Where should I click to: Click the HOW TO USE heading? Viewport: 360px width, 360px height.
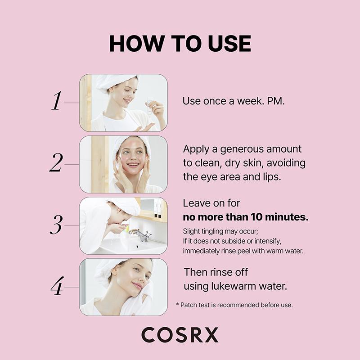coord(180,44)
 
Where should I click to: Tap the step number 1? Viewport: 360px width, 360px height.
coord(56,102)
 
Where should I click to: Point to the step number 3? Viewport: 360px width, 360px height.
coord(55,225)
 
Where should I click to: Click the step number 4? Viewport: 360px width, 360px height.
coord(56,287)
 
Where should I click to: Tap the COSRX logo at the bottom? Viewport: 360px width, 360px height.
coord(180,335)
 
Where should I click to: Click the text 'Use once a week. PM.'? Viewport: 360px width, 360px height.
coord(234,101)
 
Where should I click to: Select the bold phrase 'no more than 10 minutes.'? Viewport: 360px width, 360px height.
coord(246,217)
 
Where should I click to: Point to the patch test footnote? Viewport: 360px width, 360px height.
coord(234,305)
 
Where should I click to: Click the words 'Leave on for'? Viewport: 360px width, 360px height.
coord(211,203)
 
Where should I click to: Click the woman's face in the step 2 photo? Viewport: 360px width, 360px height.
coord(134,157)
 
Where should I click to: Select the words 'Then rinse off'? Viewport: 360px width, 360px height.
coord(216,272)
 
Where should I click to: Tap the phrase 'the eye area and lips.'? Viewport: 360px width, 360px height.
coord(232,176)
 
